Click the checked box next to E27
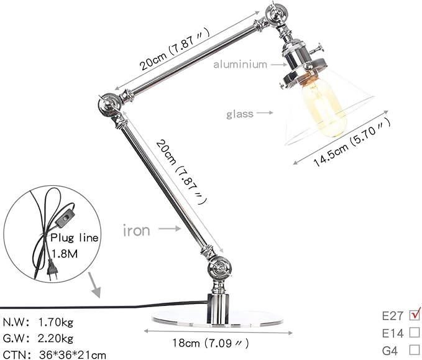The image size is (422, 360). [x=414, y=315]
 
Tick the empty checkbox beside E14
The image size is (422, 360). [x=414, y=332]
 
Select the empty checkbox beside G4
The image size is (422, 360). [x=414, y=350]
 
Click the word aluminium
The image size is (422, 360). [x=240, y=65]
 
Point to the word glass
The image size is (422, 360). [x=240, y=114]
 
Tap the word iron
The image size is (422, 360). [x=137, y=231]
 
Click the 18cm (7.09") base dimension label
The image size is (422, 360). [x=211, y=343]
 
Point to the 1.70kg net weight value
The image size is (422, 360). [x=56, y=322]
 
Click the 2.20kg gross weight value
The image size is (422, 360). [x=55, y=338]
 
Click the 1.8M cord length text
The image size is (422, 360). [x=65, y=254]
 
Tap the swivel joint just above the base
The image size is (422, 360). [x=219, y=269]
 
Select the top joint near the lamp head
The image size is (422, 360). [x=276, y=15]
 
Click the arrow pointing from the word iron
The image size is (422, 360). [x=170, y=229]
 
